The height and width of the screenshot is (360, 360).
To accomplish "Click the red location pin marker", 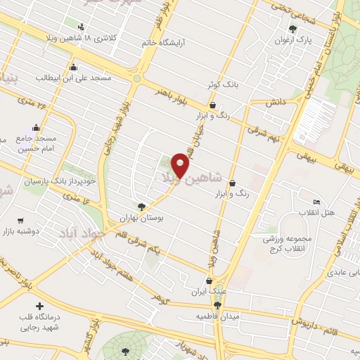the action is click(x=181, y=165).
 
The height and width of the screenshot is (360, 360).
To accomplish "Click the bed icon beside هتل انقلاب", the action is click(x=316, y=202).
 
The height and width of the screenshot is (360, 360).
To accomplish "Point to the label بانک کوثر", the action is click(x=223, y=84).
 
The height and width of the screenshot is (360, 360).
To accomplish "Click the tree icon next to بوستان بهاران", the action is click(x=141, y=207).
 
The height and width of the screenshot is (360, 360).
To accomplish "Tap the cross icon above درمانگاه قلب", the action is click(x=38, y=307).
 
